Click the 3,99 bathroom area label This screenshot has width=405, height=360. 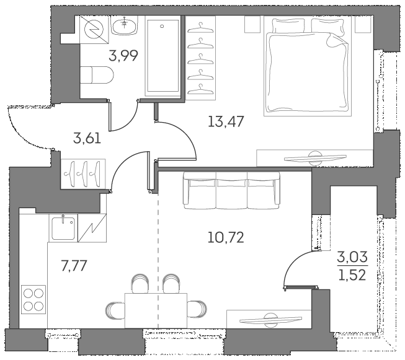point(123,56)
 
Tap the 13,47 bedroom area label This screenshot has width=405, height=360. point(226,121)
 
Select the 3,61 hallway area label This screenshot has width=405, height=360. point(87,137)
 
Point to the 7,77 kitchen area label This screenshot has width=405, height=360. point(73,266)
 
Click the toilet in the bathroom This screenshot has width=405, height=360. point(99,76)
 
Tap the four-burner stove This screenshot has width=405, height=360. point(33,300)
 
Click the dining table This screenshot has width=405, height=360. point(158,307)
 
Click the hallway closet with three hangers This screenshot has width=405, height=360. point(84,171)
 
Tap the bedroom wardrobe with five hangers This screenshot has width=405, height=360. point(198,58)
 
